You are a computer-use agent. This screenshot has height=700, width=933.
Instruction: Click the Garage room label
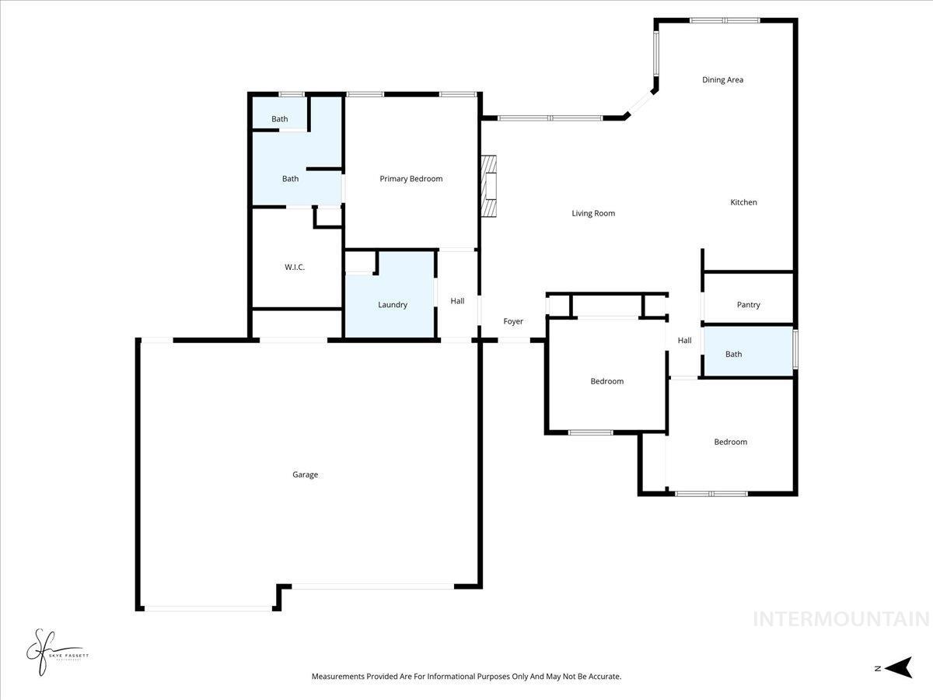(305, 474)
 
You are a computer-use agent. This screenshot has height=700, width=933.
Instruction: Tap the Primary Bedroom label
(411, 179)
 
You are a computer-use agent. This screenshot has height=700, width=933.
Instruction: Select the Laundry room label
(393, 305)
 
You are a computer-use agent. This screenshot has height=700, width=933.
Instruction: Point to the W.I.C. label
(295, 268)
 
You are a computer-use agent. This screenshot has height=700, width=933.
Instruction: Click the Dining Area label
(723, 79)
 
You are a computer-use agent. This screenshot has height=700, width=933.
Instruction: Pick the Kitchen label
(743, 202)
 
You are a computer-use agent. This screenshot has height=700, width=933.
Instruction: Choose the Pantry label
(748, 305)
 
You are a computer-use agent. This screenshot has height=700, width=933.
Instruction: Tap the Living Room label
(593, 213)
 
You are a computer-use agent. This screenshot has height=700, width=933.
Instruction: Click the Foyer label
(513, 321)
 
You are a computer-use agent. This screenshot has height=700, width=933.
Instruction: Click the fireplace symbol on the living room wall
(488, 187)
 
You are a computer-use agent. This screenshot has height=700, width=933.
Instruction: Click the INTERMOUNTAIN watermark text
(841, 619)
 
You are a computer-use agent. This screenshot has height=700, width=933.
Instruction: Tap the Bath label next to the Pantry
(733, 354)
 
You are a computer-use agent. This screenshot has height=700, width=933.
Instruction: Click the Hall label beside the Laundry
(457, 301)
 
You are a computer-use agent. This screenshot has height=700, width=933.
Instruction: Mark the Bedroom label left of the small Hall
(606, 381)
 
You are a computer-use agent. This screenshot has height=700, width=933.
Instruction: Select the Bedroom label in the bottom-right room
(730, 442)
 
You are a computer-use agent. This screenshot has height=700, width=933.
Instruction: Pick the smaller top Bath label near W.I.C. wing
(279, 119)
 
